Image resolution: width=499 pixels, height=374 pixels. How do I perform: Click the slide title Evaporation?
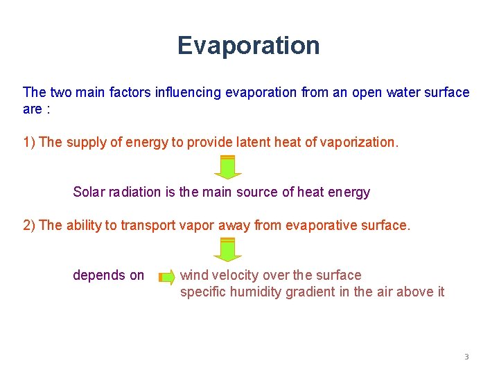[x=248, y=46]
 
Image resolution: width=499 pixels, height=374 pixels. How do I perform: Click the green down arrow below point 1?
[x=227, y=167]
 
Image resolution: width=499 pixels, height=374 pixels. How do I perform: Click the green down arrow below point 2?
[x=227, y=249]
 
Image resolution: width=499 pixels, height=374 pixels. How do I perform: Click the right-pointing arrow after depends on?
[x=167, y=277]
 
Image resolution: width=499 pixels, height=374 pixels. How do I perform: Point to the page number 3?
[x=466, y=357]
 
